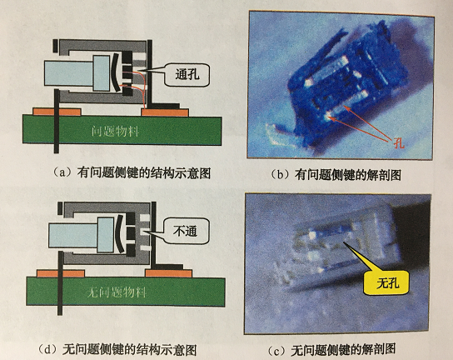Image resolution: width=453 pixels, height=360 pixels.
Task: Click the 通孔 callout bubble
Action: click(187, 75)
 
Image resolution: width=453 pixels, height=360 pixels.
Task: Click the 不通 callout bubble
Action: click(187, 231)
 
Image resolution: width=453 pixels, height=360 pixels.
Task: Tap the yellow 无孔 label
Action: click(387, 282)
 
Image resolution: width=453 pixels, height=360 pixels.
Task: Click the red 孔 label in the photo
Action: click(399, 142)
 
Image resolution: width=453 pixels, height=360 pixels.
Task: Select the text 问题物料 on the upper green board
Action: click(115, 132)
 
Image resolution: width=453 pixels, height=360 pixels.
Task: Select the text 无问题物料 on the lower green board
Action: click(117, 292)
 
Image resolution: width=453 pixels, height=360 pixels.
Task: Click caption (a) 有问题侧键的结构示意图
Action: click(132, 172)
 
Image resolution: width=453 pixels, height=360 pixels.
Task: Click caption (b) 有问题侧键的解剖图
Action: click(335, 175)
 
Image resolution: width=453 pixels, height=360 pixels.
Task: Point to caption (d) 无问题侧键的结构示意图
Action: click(117, 350)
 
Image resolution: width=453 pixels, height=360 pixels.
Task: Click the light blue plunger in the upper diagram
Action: click(77, 73)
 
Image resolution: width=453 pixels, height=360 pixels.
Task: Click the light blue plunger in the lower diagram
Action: click(82, 235)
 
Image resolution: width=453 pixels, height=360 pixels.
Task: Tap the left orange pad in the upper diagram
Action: click(57, 112)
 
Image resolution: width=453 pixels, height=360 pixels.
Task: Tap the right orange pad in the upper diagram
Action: click(165, 112)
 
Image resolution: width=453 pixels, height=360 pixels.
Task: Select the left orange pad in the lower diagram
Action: click(61, 273)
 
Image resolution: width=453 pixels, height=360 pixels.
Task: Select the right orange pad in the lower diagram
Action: click(169, 273)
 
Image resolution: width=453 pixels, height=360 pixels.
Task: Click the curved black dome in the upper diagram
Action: click(114, 72)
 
